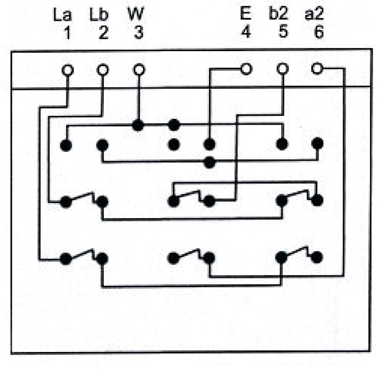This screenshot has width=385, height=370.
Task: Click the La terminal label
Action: coord(62,15)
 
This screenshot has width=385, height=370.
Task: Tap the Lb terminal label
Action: coord(99,15)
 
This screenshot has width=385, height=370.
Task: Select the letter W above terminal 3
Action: coord(136,14)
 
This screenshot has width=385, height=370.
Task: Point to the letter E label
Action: coord(246,14)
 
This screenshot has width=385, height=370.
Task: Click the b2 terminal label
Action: coord(279,14)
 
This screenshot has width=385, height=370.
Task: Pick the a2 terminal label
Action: coord(314,14)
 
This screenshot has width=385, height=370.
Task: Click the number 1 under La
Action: coord(67,33)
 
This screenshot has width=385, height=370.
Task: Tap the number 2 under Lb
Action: coord(104,33)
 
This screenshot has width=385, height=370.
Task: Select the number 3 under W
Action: coord(139,33)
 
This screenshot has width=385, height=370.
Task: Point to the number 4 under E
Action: coord(246,32)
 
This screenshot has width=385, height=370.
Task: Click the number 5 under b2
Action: coord(283,32)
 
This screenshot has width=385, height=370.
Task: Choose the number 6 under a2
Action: coord(319,32)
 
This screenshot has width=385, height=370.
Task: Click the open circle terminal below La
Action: coord(67,70)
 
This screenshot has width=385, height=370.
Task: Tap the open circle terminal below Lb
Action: coord(103,70)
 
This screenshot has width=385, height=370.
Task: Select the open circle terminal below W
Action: coord(139,70)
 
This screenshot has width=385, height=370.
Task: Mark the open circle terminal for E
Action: coord(246,69)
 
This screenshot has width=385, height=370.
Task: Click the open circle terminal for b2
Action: coord(283,69)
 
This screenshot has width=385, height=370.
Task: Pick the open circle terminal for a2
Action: coord(317,69)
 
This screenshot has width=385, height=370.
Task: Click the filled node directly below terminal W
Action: coord(138,126)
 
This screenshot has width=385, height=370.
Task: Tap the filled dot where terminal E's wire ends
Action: coord(210,144)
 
